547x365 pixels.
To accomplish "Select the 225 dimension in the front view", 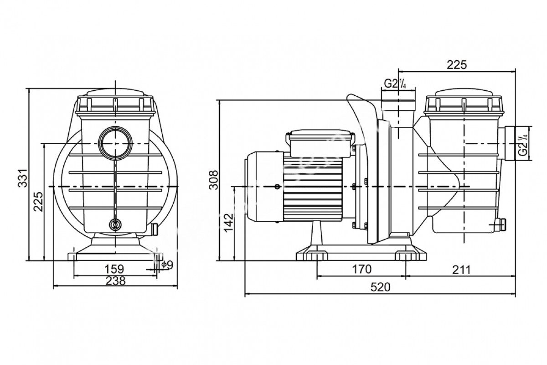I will coord(38,201).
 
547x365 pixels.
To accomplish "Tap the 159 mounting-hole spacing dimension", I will coord(114,267).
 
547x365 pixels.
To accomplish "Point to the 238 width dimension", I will coord(115,281).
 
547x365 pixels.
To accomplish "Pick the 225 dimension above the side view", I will coord(457,65).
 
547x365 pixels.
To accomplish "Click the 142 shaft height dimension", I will coord(229,223).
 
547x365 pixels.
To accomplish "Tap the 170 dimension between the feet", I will coord(361,269).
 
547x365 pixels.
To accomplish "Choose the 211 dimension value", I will coord(461,269).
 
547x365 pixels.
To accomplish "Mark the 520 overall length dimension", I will coord(381,287).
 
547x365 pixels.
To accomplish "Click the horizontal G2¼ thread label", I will coord(395,83).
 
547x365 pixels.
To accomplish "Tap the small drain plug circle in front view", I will coord(115,224).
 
